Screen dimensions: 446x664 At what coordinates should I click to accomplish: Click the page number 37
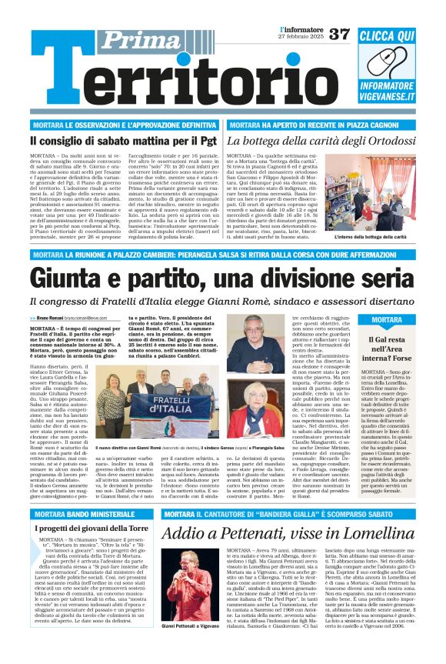[339, 35]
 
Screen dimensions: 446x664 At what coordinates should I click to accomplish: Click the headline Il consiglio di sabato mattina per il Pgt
[123, 141]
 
